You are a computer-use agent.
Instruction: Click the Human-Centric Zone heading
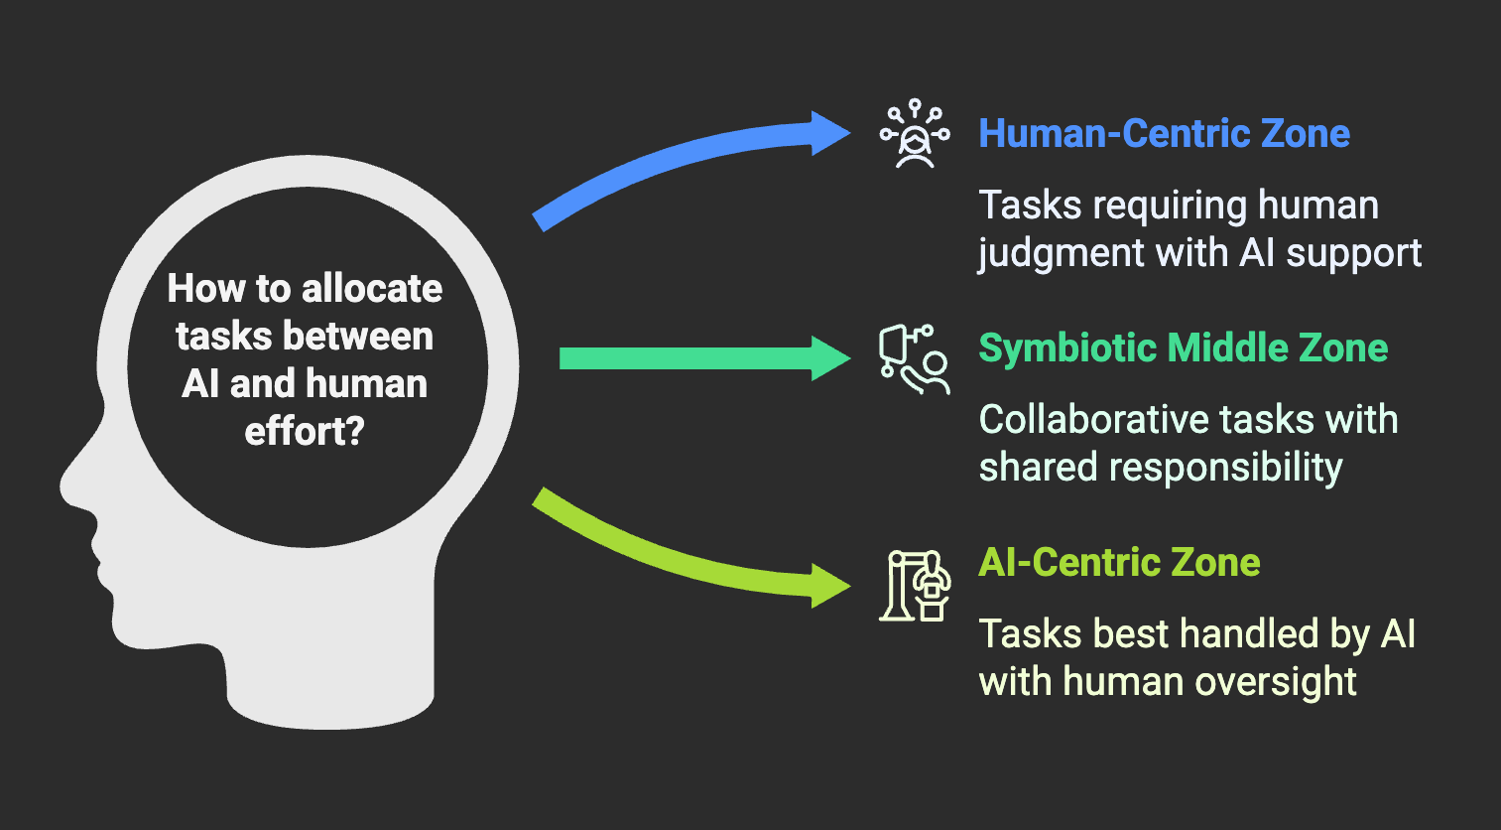(x=1164, y=134)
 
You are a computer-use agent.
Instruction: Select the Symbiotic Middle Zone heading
(x=1183, y=348)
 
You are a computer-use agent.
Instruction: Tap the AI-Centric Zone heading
(x=1119, y=563)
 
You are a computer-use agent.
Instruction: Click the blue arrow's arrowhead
(x=829, y=133)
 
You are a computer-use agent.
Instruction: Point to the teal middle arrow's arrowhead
(x=829, y=358)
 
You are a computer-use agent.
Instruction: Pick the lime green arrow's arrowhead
(x=828, y=586)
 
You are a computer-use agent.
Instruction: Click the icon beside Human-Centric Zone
(x=915, y=134)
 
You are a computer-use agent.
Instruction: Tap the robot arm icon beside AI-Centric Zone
(x=915, y=586)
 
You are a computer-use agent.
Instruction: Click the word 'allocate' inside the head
(x=372, y=289)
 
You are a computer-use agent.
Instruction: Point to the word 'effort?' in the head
(x=305, y=432)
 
